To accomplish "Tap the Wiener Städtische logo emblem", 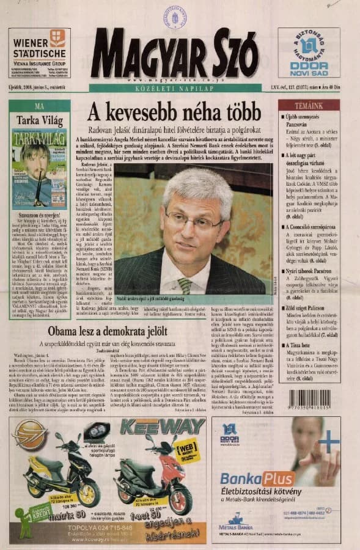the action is point(57,38).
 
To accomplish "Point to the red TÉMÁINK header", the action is point(309,105).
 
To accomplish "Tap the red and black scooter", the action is point(145,481).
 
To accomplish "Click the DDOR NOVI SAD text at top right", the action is point(309,67).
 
